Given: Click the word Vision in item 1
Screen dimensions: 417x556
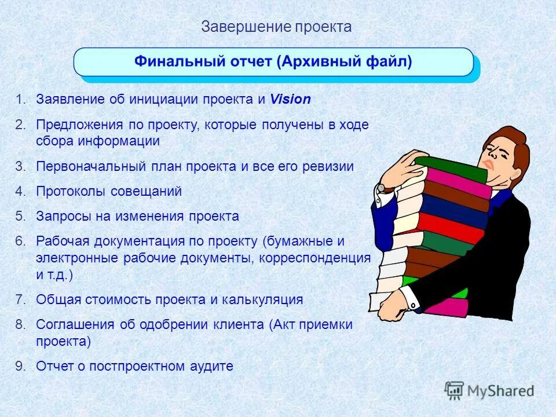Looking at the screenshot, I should coord(290,100).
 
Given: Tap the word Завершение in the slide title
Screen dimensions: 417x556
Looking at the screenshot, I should coord(246,27).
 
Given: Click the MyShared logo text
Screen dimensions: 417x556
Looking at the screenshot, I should coord(501,391).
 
